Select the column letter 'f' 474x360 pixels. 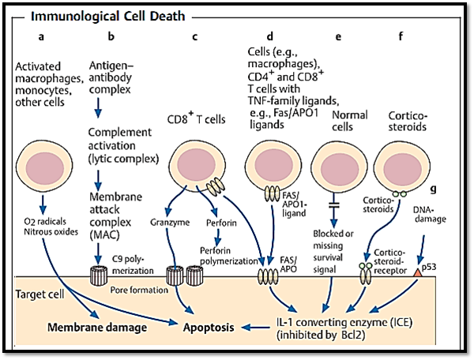pos(404,36)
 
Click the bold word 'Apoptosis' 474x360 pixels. pos(208,325)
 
